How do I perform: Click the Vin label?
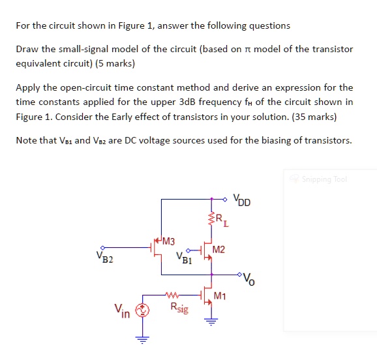(122, 312)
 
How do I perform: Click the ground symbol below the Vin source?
(138, 338)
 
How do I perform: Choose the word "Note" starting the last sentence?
(28, 140)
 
